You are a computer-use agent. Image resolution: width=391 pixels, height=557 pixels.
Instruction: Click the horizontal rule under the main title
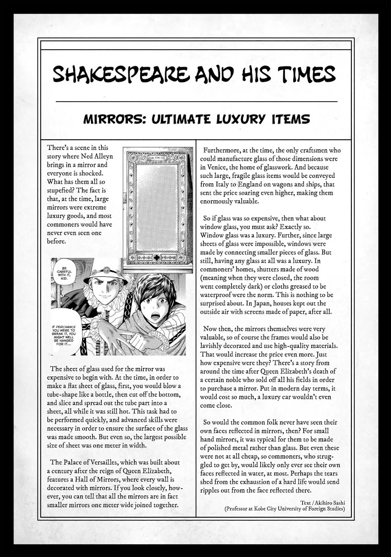click(196, 101)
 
